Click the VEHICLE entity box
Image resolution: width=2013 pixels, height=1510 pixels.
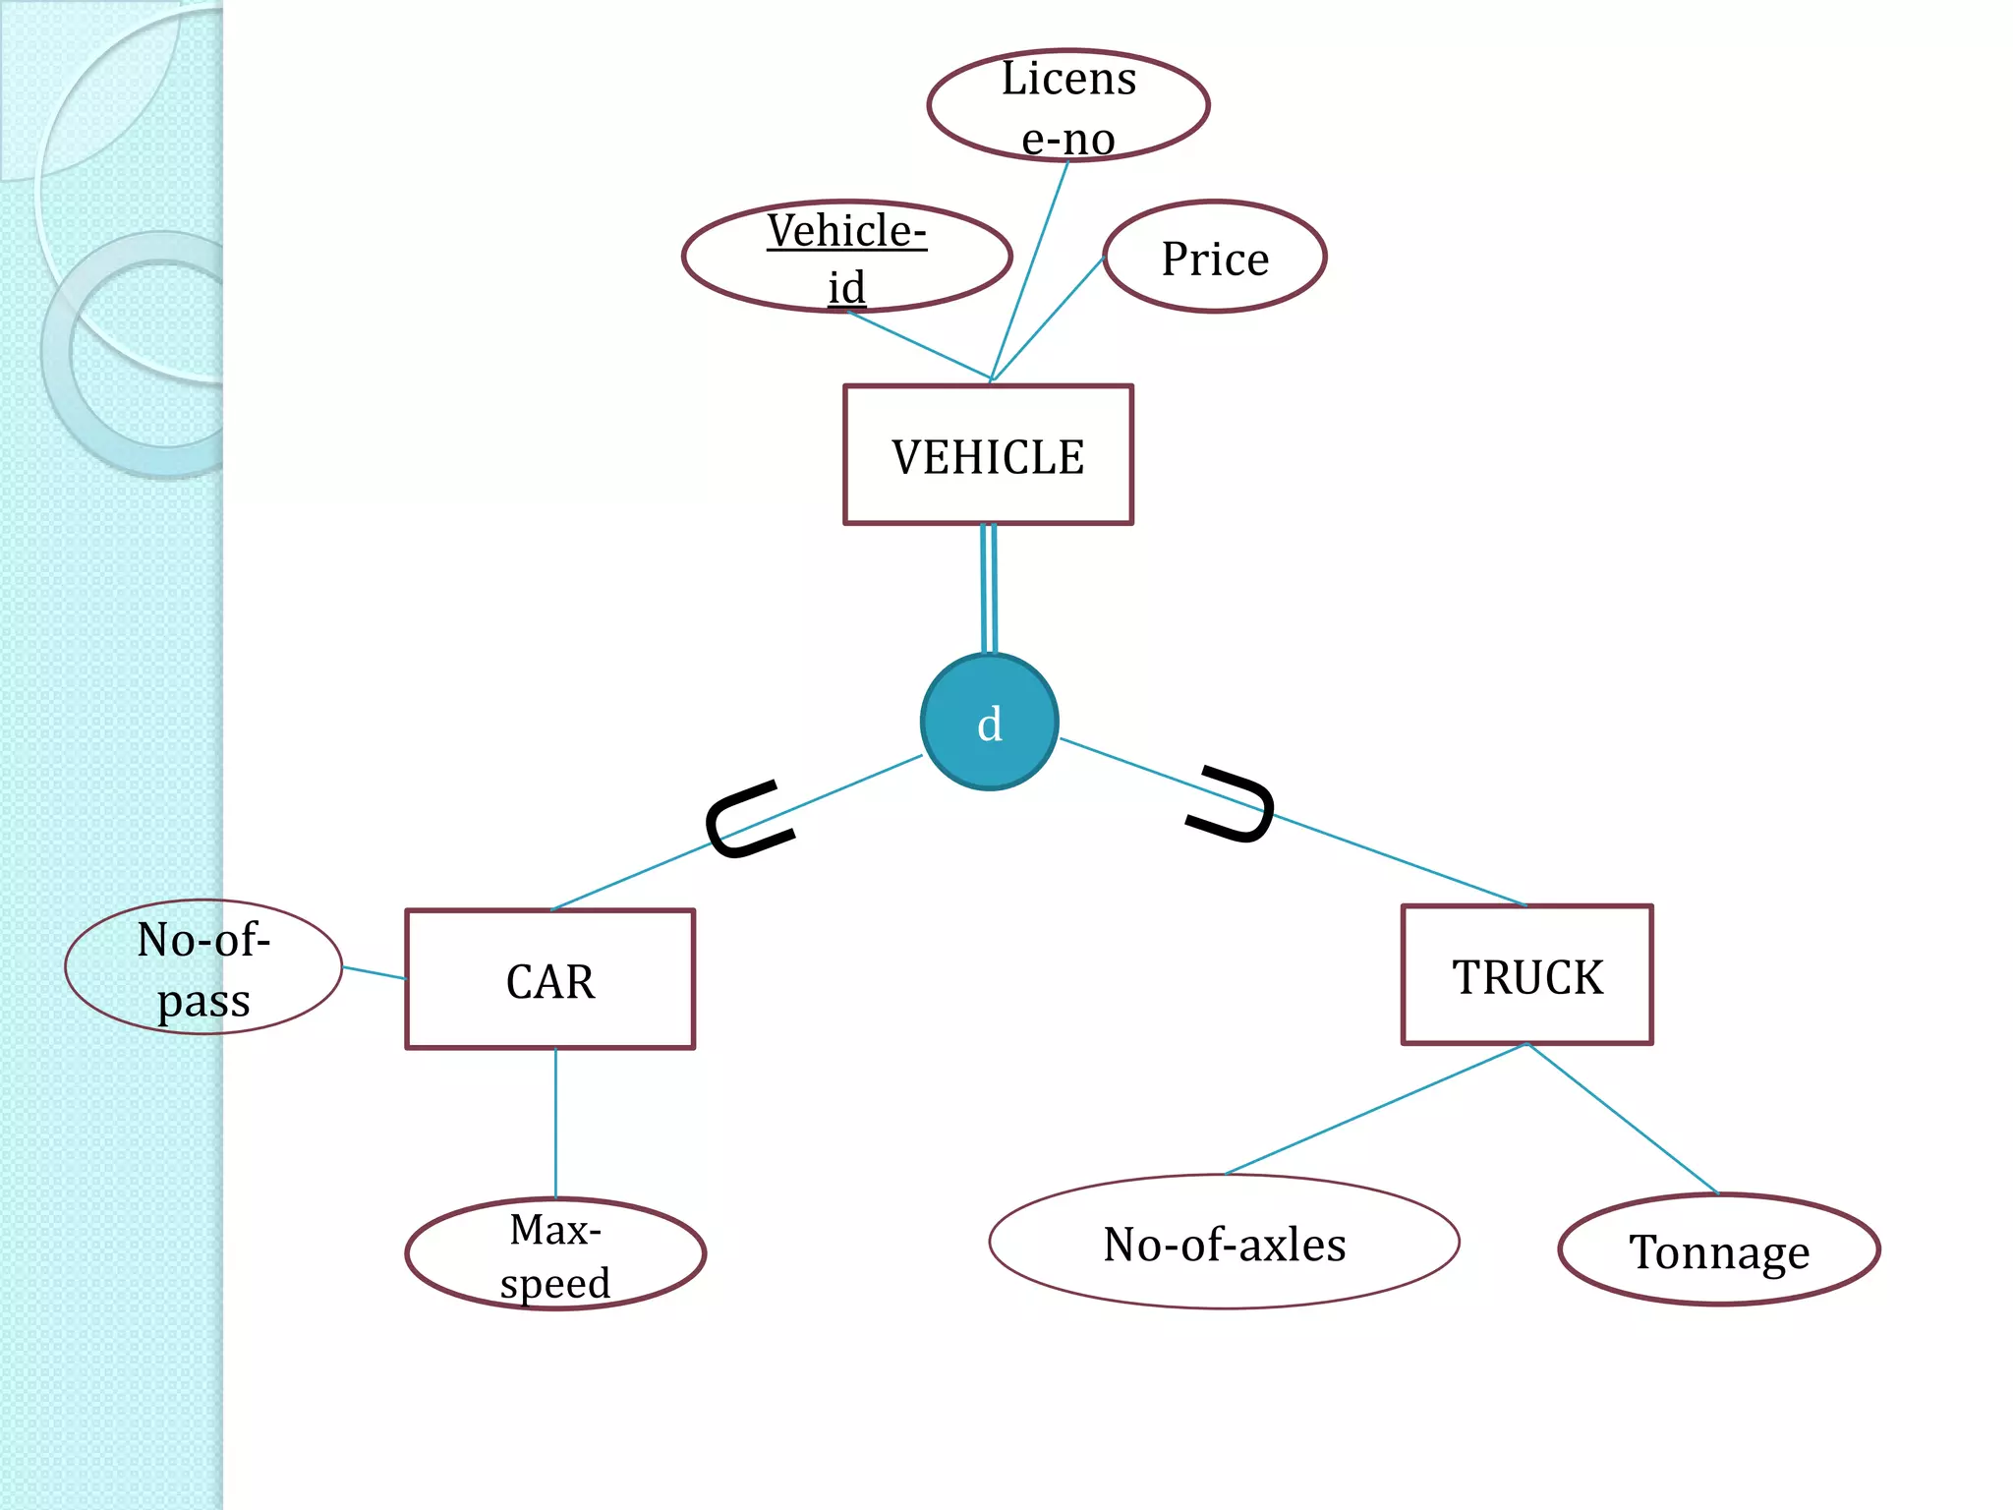click(988, 455)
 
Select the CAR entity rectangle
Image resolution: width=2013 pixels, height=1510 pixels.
click(549, 980)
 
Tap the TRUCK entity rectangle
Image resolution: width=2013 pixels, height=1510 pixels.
click(1526, 975)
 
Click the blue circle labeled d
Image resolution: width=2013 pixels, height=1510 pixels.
click(989, 723)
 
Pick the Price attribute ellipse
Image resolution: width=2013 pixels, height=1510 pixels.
click(1215, 258)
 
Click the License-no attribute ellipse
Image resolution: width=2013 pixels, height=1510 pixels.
click(1067, 105)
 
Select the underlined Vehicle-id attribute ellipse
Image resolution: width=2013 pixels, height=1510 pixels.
click(846, 257)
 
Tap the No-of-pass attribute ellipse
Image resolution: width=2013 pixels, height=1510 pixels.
click(203, 967)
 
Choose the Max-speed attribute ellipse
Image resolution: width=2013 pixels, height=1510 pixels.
click(555, 1254)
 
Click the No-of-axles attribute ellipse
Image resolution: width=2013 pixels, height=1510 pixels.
click(1224, 1243)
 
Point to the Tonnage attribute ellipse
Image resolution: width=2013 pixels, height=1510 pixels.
click(1718, 1250)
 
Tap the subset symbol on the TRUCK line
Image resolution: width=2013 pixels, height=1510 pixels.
click(1233, 804)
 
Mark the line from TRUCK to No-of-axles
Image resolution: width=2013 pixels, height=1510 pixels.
click(1376, 1109)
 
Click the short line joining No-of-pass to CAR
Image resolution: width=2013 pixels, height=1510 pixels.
click(374, 973)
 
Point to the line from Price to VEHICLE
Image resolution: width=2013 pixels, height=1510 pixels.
click(1048, 319)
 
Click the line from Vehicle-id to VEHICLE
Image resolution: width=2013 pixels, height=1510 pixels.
click(919, 345)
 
